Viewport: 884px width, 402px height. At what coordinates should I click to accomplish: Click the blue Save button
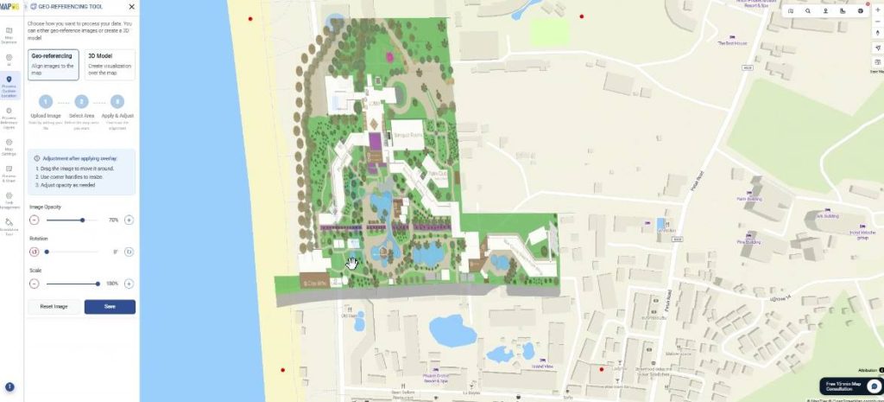point(110,306)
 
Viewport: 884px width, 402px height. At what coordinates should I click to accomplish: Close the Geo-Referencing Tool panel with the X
point(131,6)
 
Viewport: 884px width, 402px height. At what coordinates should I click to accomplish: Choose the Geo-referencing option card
point(54,64)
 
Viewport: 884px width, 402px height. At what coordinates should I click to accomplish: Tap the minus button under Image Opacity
point(35,220)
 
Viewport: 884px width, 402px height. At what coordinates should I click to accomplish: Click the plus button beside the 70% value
point(129,220)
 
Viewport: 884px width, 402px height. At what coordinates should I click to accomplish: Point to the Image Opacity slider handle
point(83,220)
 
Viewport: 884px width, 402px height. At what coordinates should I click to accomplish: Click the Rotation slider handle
point(47,252)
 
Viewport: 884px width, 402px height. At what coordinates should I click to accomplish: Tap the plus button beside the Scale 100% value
point(129,283)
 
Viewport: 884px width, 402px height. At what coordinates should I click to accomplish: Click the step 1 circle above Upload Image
point(46,101)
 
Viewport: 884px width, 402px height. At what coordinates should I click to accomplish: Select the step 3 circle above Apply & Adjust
point(117,101)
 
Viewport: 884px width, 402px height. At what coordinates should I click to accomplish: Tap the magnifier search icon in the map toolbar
point(808,11)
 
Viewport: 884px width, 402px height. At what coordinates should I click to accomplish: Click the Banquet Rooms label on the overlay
point(407,135)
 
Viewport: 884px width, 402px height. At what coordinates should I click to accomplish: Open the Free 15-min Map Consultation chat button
point(850,386)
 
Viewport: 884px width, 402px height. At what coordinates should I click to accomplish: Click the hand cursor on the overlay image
point(352,262)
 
